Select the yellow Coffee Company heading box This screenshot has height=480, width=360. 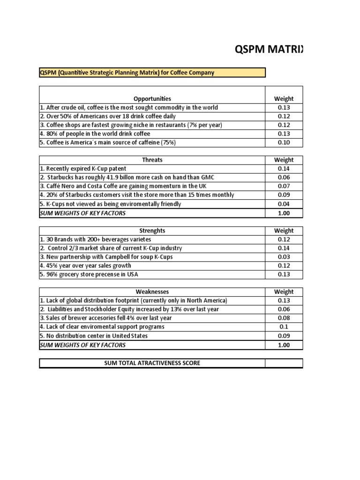click(152, 72)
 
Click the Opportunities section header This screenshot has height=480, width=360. click(152, 99)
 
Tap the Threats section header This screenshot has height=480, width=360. click(152, 160)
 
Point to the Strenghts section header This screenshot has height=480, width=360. click(152, 231)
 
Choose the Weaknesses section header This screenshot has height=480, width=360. click(152, 292)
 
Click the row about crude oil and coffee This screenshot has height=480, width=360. click(129, 107)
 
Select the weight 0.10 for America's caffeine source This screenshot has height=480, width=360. click(284, 142)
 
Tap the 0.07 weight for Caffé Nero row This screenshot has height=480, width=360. click(284, 186)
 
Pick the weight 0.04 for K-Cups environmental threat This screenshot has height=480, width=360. click(284, 204)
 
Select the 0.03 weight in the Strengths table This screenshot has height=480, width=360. click(284, 257)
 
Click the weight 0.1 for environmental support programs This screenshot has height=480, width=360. click(284, 327)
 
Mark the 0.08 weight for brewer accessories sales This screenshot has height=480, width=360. click(284, 318)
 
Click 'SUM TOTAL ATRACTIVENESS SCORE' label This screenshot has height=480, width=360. click(152, 363)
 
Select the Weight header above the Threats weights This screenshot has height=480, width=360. click(284, 160)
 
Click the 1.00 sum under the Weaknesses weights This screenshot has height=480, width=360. click(284, 345)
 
